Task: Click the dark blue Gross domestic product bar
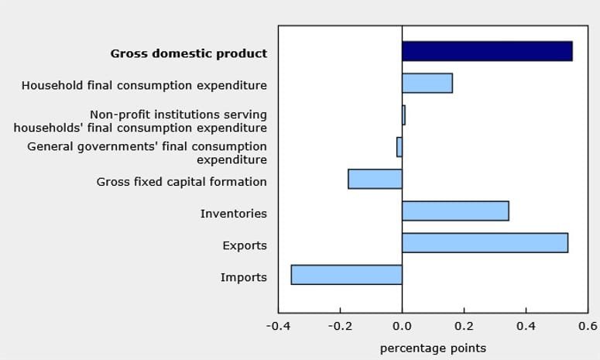coord(487,51)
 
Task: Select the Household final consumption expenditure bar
coord(427,83)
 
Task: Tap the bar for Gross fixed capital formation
coord(375,179)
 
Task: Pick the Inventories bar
coord(455,211)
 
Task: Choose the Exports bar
coord(485,242)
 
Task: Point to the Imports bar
coord(346,275)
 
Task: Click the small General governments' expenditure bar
coord(399,147)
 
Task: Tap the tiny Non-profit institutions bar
coord(403,115)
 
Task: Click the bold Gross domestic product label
coord(188,54)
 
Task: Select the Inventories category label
coord(233,214)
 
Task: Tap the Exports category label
coord(244,246)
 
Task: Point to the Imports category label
coord(243,278)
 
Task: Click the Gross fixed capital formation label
coord(181,182)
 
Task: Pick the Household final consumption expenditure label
coord(144,86)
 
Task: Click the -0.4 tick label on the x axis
coord(279,326)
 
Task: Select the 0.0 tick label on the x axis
coord(402,326)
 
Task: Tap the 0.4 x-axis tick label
coord(526,326)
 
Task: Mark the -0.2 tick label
coord(340,326)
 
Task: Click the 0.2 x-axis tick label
coord(464,326)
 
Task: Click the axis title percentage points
coord(433,348)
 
